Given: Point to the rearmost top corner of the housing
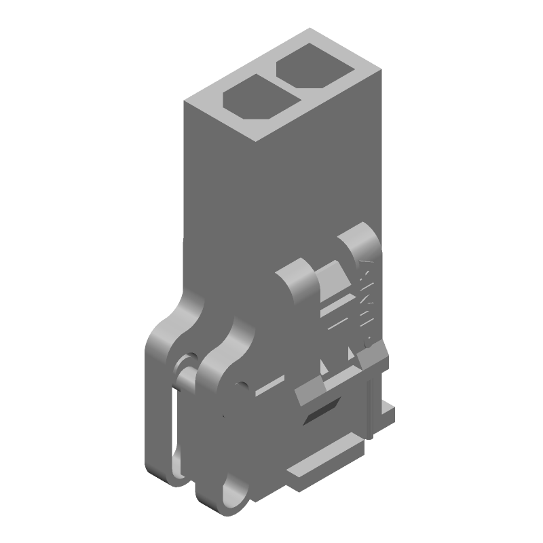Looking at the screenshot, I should tap(310, 29).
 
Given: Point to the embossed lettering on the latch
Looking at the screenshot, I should tap(367, 299).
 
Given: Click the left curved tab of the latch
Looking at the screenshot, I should tap(295, 282).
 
